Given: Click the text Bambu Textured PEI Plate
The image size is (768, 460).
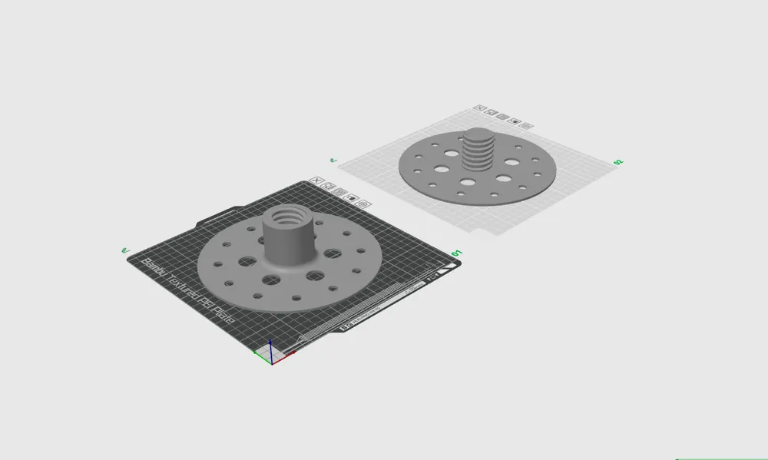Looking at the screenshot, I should (x=188, y=292).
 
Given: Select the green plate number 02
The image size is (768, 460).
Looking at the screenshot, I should (x=617, y=162).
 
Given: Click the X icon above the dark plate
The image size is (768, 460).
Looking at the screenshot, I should (x=315, y=181).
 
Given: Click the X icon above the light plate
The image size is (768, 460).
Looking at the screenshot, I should (x=479, y=108).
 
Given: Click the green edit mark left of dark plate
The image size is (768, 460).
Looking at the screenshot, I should (x=125, y=250).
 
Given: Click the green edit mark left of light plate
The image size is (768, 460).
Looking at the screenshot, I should (x=333, y=161).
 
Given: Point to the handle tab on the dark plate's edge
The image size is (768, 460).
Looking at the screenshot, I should (x=215, y=214).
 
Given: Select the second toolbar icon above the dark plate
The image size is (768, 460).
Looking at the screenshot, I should (x=327, y=186).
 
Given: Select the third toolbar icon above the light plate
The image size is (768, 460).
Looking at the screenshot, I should (x=502, y=117).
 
